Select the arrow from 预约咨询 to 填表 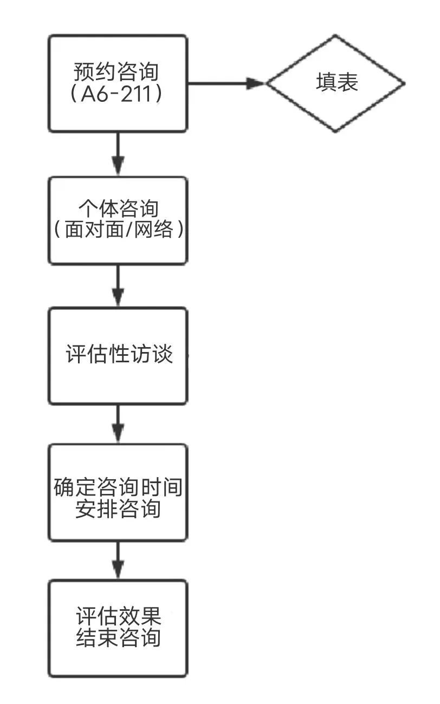point(225,83)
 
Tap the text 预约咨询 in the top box point(118,71)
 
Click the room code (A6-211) point(118,94)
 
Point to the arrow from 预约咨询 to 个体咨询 point(118,154)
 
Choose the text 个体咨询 point(118,208)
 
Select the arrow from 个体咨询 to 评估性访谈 point(118,285)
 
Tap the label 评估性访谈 point(119,355)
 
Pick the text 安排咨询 point(118,509)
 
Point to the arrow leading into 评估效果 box point(118,560)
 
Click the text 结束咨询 point(118,638)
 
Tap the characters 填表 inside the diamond point(337,83)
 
